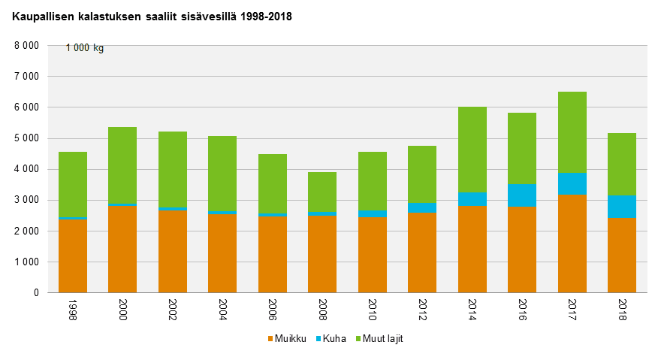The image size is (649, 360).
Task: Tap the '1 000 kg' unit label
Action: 85,48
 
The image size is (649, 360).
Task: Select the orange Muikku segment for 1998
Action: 73,256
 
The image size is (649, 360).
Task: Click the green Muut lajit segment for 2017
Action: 572,132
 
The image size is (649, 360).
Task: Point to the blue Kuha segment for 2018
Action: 622,206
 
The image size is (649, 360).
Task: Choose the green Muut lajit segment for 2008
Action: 322,192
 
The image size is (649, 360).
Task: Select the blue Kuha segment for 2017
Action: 572,183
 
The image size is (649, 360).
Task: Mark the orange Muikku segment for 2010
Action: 373,255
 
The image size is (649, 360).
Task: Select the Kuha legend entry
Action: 331,339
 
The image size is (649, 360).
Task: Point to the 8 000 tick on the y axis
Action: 26,46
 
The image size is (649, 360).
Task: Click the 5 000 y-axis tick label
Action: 26,138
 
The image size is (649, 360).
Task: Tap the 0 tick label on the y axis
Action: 35,293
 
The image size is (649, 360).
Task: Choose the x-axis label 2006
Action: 273,310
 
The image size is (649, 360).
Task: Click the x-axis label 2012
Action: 422,310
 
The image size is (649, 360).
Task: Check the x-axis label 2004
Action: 222,310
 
